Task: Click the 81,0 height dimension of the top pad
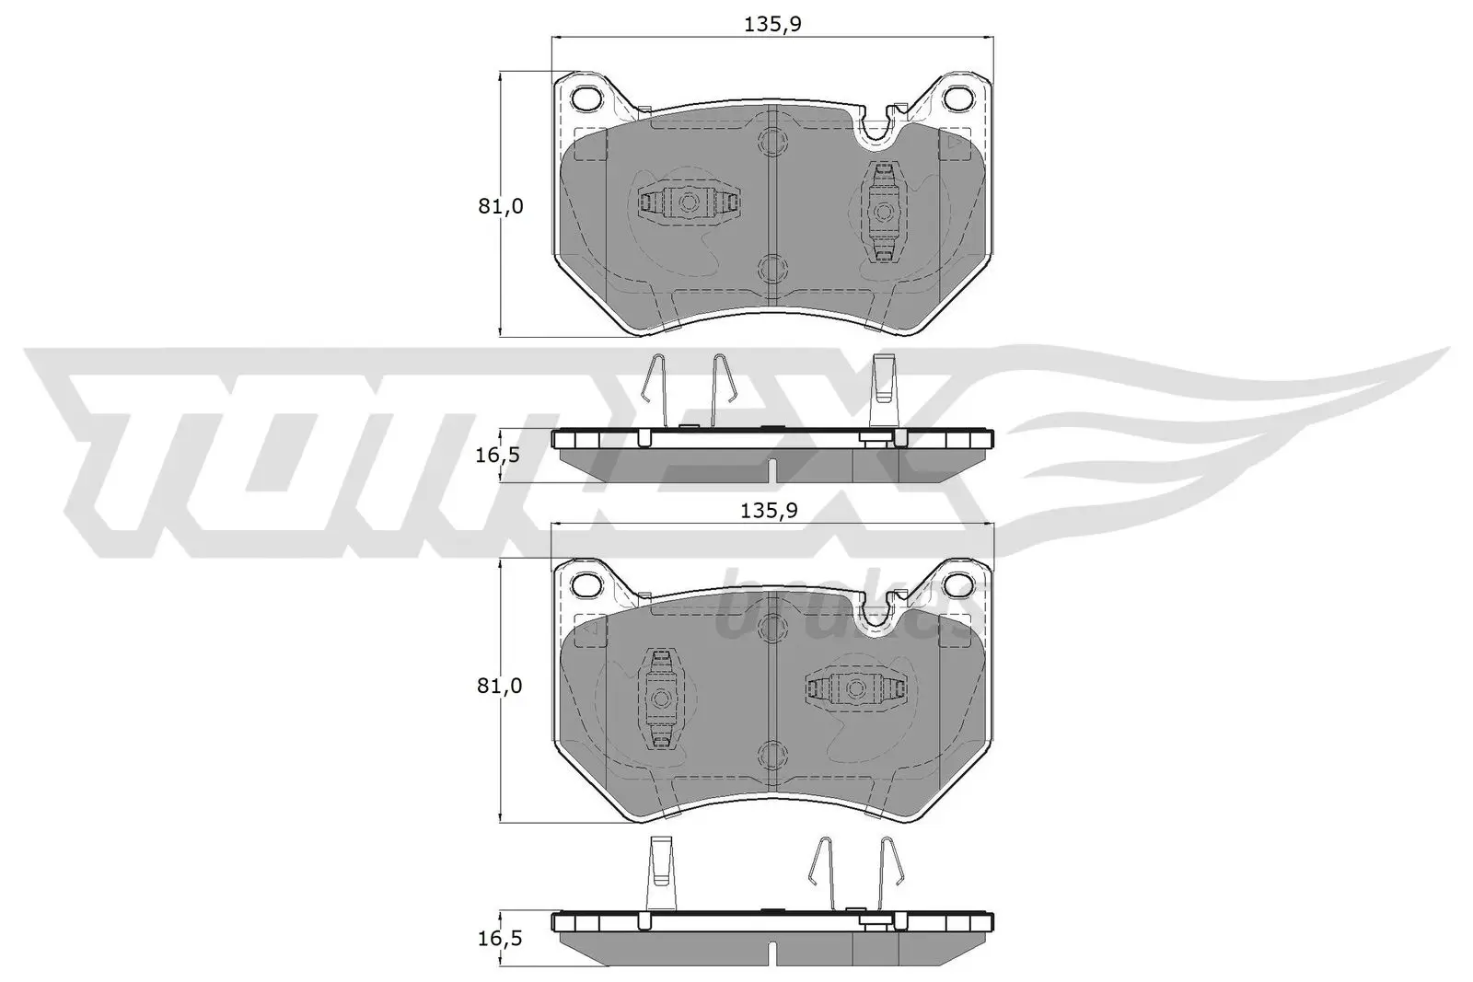click(501, 207)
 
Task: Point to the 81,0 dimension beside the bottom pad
click(501, 687)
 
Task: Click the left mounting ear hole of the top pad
click(586, 96)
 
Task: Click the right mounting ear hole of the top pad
click(960, 96)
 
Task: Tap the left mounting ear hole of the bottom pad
click(586, 582)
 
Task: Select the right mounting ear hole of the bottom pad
click(960, 582)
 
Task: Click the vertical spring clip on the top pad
click(884, 212)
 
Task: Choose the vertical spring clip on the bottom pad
click(659, 697)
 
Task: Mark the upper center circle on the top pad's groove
click(771, 142)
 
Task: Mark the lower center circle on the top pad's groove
click(771, 268)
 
